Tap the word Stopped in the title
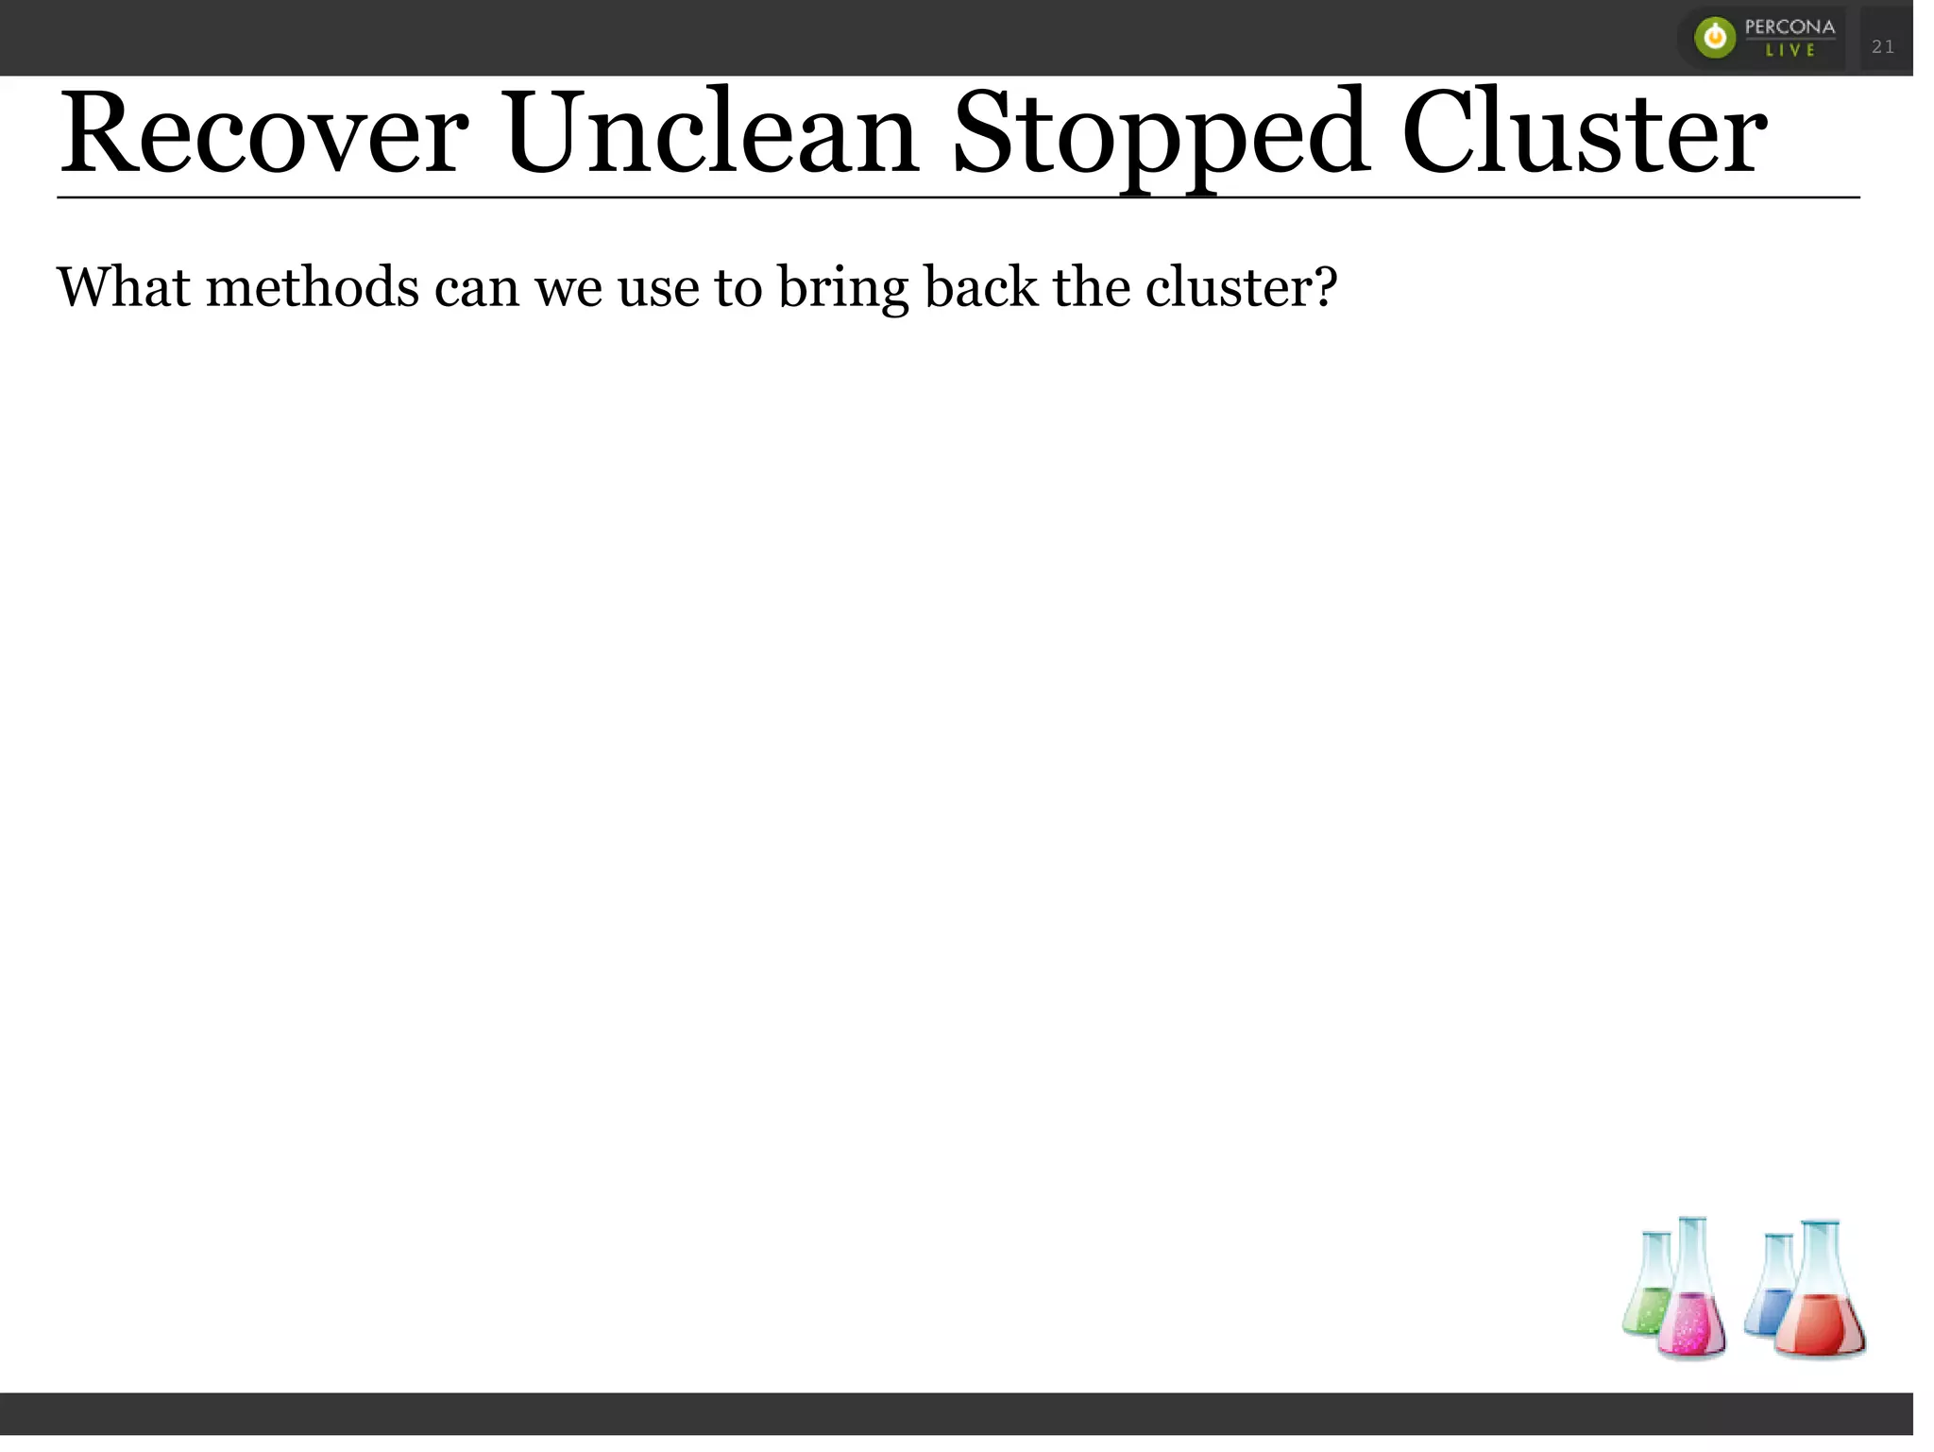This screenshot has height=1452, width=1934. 1161,135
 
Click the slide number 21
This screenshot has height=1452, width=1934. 1882,46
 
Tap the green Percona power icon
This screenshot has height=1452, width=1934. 1715,38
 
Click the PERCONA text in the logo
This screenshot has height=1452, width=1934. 1790,26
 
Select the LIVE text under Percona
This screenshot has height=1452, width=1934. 1790,51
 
